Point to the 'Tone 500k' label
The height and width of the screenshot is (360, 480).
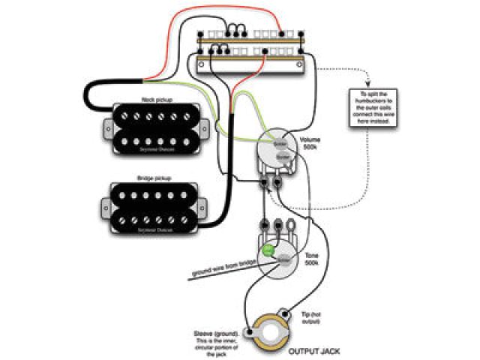(x=310, y=259)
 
